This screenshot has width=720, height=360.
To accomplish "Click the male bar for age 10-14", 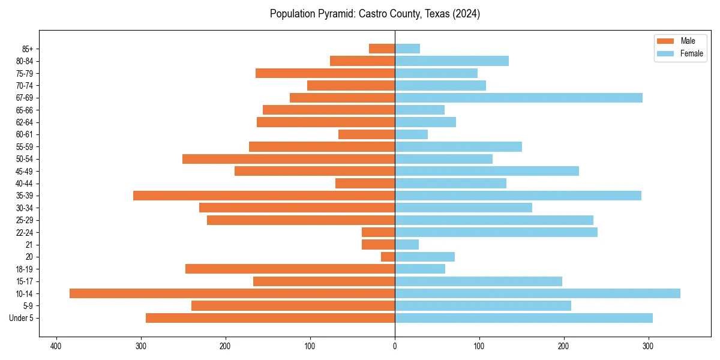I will pos(232,293).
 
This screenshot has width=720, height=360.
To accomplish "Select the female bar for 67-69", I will pos(518,98).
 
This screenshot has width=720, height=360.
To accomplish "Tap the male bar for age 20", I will pos(388,257).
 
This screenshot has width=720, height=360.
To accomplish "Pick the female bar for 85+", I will pos(407,49).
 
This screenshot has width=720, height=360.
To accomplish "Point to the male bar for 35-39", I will pos(264,196).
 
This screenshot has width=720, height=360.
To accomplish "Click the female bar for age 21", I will pos(407,244).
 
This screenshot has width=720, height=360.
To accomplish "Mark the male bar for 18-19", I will pos(290,269).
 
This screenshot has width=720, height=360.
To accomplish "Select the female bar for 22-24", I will pos(496,232).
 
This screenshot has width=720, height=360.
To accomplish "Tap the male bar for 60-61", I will pos(367,134).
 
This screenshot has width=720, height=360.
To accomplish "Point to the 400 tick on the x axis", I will pos(56,346).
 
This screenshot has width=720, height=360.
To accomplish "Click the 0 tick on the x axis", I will pos(395,346).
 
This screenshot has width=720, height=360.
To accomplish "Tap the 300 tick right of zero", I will pos(648,346).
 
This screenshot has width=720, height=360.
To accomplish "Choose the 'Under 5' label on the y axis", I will pos(21,318).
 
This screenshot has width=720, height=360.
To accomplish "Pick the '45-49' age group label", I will pos(25,171).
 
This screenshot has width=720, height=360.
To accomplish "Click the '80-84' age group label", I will pos(25,61).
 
